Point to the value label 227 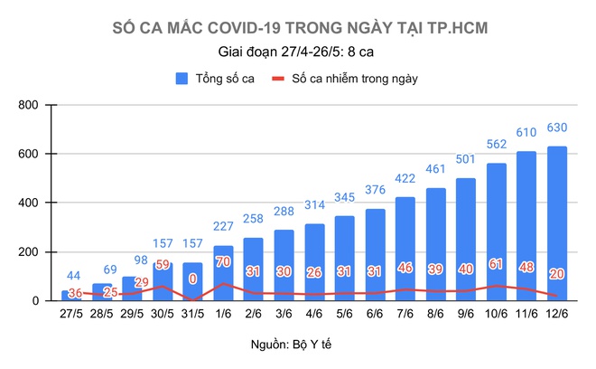point(223,226)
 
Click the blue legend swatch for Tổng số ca point(182,79)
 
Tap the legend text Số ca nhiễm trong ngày point(354,79)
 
